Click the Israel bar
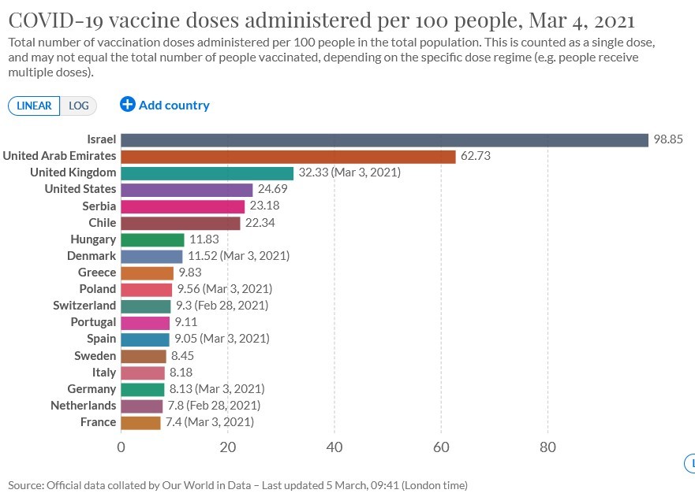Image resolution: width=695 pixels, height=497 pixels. point(383,139)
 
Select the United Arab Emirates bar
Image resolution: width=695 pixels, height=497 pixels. point(288,156)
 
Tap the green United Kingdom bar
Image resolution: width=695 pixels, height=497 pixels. point(207,172)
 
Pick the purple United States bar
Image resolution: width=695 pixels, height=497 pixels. point(186,189)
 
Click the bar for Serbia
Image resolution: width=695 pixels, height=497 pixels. point(182,206)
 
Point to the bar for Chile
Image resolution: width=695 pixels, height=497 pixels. point(180,223)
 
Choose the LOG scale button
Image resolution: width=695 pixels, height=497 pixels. point(79,106)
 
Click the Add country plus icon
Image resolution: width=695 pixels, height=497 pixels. point(128,104)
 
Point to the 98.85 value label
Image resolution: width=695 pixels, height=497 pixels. point(667,139)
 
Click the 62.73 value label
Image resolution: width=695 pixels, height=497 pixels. point(476,156)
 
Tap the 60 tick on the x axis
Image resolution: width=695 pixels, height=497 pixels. point(441,448)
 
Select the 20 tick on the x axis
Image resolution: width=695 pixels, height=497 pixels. point(228,448)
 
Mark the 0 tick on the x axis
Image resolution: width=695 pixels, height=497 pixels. point(121,448)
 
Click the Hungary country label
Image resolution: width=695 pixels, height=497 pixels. point(93,239)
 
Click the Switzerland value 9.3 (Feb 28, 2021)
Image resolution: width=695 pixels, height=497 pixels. point(222,306)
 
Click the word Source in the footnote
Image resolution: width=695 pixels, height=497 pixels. point(26,485)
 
